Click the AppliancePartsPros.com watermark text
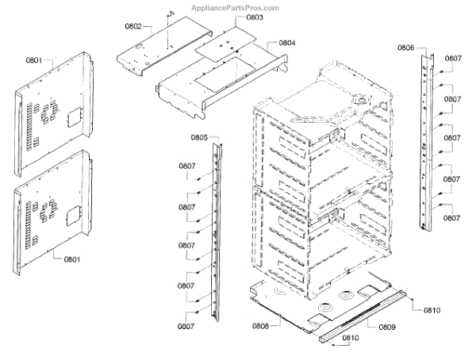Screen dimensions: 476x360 (x=236, y=8)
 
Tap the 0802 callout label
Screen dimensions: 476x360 (x=132, y=26)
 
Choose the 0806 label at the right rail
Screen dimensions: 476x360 (x=405, y=48)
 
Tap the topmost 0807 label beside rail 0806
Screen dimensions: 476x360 (x=453, y=58)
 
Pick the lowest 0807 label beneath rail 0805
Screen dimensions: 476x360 (x=186, y=326)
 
